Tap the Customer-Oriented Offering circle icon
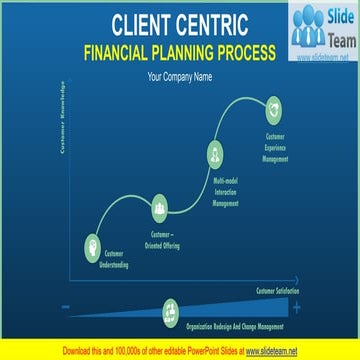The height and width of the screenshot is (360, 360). [x=159, y=209]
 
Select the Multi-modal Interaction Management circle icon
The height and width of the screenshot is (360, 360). [x=214, y=153]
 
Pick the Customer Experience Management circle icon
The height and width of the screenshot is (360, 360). [x=273, y=106]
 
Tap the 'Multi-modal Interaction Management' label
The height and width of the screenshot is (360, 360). [x=226, y=191]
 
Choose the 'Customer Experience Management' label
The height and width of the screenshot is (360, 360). [x=276, y=146]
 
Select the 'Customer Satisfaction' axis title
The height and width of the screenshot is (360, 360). [x=277, y=290]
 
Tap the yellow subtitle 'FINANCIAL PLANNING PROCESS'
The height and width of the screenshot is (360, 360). [x=180, y=53]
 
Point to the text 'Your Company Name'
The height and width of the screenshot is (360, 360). [x=180, y=76]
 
